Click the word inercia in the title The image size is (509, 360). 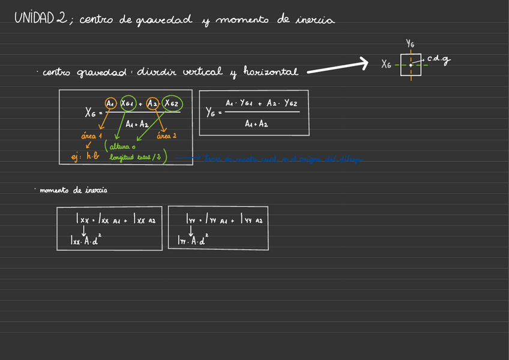pyautogui.click(x=315, y=20)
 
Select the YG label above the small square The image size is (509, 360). pyautogui.click(x=410, y=43)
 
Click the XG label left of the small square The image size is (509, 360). pyautogui.click(x=386, y=64)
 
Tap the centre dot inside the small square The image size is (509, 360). pyautogui.click(x=411, y=65)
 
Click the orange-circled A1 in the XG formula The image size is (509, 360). pyautogui.click(x=111, y=103)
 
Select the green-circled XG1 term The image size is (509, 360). pyautogui.click(x=128, y=103)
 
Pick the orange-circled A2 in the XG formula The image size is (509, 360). pyautogui.click(x=153, y=103)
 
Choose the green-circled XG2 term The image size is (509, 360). pyautogui.click(x=172, y=103)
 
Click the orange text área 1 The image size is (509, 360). pyautogui.click(x=92, y=136)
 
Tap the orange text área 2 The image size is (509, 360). pyautogui.click(x=166, y=136)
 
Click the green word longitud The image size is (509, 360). pyautogui.click(x=122, y=158)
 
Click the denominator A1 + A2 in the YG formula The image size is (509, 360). pyautogui.click(x=256, y=124)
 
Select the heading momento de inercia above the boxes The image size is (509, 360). pyautogui.click(x=73, y=190)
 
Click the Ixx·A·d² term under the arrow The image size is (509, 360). pyautogui.click(x=85, y=241)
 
